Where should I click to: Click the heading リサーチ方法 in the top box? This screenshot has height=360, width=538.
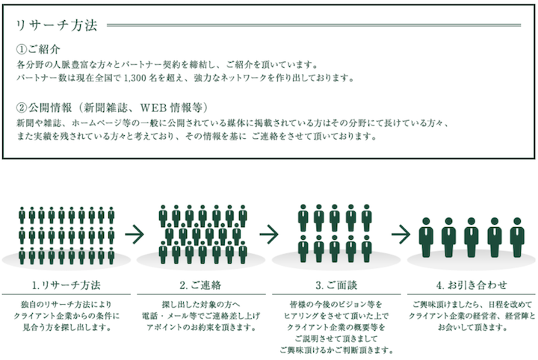click(x=57, y=25)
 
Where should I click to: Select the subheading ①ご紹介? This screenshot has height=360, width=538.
click(x=38, y=49)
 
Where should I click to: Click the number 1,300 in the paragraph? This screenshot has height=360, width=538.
click(x=134, y=78)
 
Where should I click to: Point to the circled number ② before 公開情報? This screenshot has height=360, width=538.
click(x=21, y=108)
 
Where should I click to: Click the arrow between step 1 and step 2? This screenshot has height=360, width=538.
click(x=134, y=235)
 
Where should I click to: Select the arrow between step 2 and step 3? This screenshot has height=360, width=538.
click(x=269, y=235)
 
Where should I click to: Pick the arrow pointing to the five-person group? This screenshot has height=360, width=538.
click(x=401, y=235)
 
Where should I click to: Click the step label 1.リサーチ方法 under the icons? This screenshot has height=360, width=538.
click(x=67, y=285)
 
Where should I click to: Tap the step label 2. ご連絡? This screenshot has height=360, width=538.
click(x=201, y=285)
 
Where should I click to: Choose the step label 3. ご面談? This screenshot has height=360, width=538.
click(x=336, y=285)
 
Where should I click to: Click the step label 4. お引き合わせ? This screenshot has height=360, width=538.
click(x=471, y=285)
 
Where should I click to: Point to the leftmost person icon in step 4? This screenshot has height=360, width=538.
click(x=426, y=238)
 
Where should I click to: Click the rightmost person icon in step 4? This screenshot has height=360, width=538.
click(x=517, y=238)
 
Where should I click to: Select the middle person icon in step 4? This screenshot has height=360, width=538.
click(x=471, y=238)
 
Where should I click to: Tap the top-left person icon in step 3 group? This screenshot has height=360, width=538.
click(x=303, y=218)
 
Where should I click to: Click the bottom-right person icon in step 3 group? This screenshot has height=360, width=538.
click(x=367, y=249)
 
